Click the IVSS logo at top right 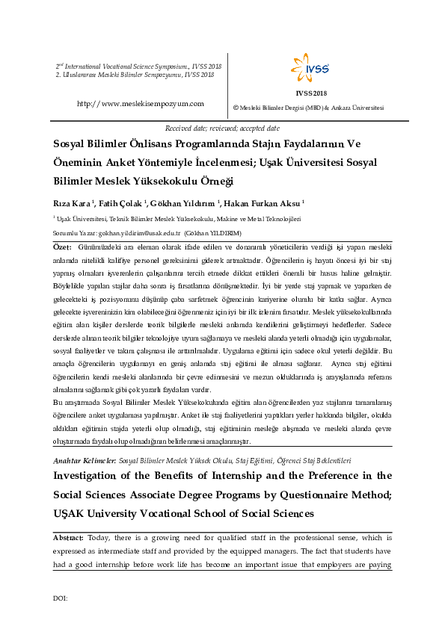(310, 69)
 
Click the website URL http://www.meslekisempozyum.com (141, 103)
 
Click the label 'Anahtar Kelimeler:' (85, 461)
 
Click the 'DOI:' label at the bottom (61, 598)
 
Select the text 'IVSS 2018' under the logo (311, 93)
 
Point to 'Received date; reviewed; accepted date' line (222, 128)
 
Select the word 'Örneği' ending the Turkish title (212, 181)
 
